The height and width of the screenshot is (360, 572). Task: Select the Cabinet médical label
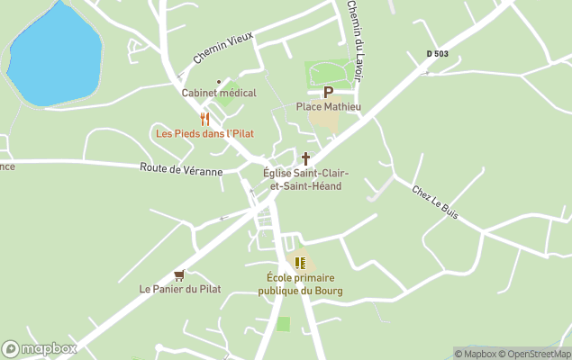point(219,93)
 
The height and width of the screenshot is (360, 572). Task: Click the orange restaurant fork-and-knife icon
point(205,119)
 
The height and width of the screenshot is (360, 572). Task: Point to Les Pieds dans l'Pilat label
point(204,133)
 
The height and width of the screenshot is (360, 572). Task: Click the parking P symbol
point(328,92)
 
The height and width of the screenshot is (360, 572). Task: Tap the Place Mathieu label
point(329,106)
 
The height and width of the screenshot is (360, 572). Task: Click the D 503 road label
point(437,55)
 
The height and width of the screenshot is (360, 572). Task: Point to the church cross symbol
point(305,158)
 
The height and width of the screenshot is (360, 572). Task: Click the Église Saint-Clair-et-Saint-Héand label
point(306,179)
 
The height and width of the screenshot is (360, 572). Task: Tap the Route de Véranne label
point(181,168)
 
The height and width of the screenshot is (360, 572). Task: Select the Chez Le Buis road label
point(435,202)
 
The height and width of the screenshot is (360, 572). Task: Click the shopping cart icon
point(179,275)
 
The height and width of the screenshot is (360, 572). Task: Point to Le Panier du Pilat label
point(180,289)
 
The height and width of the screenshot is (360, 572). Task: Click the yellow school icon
point(301,263)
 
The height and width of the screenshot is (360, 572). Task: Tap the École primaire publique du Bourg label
point(301,284)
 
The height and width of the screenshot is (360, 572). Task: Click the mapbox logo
point(40,348)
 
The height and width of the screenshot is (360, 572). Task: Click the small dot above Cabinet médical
point(219,81)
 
